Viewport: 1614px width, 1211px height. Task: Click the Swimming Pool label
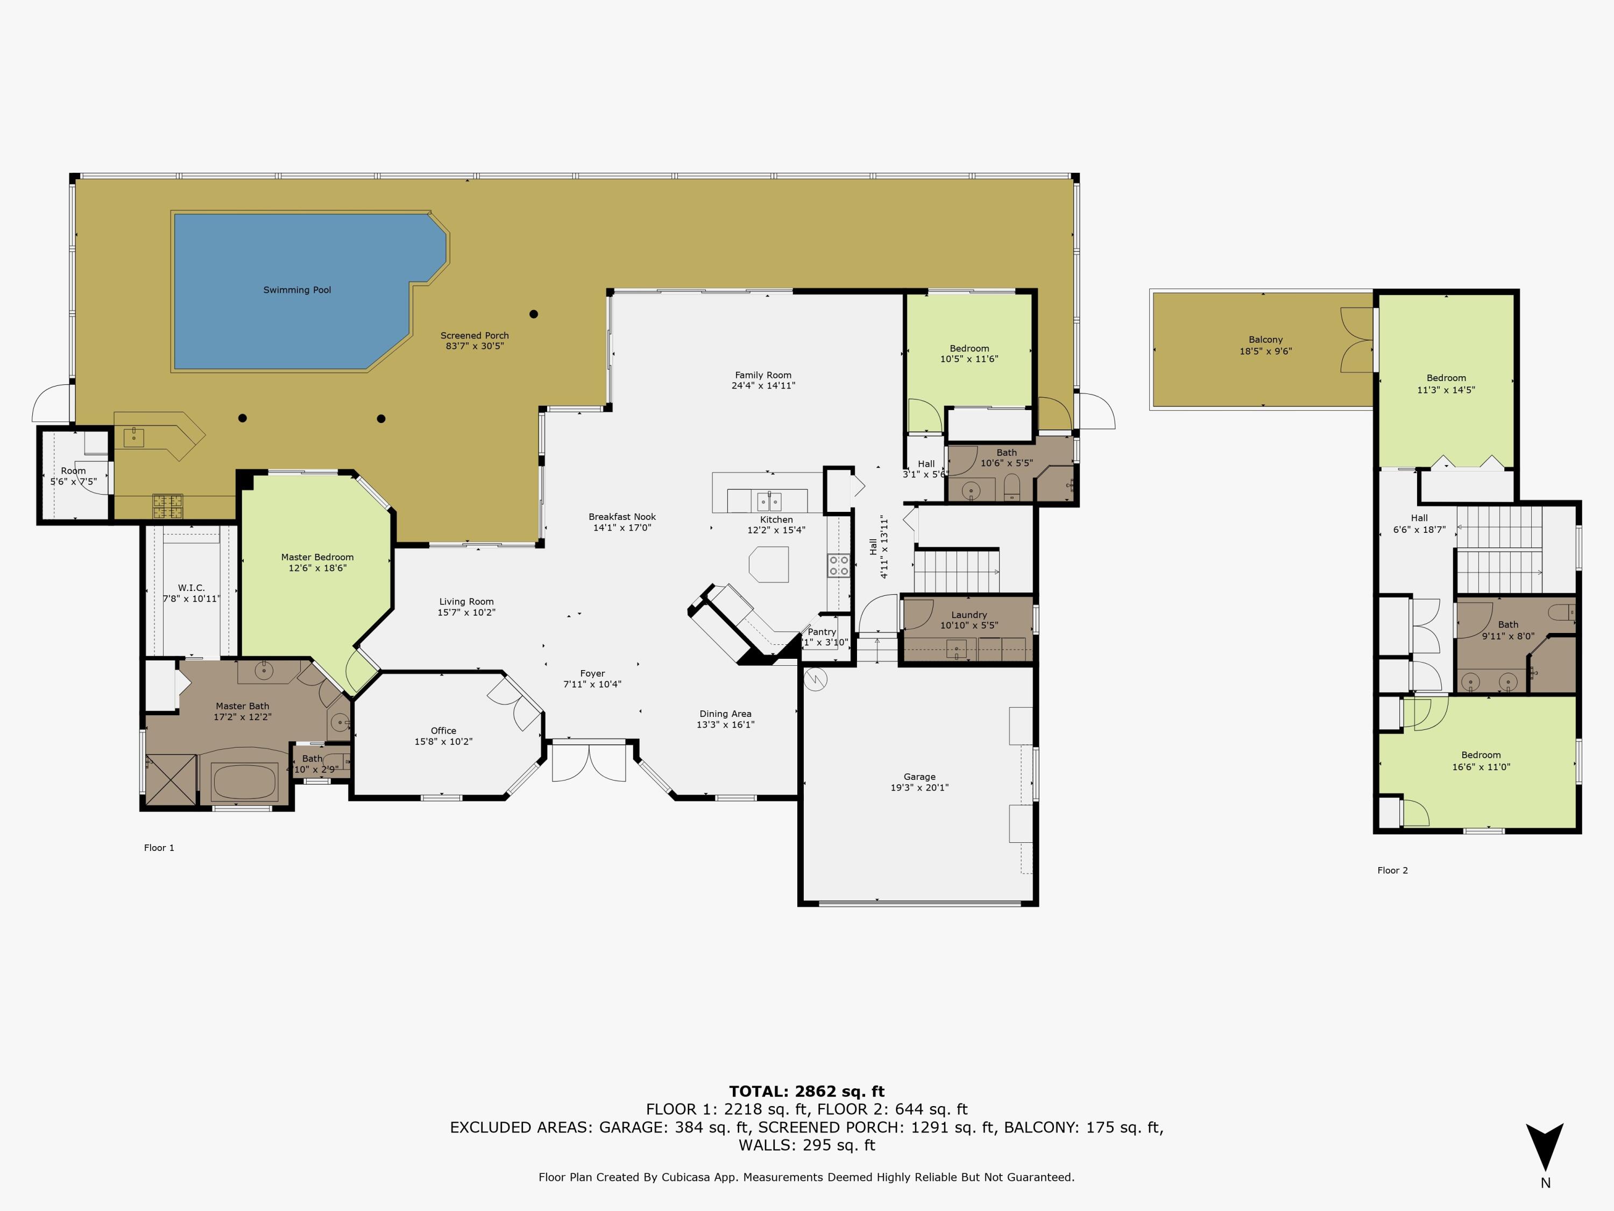(297, 290)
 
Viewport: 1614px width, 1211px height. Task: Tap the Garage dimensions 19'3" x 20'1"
(919, 787)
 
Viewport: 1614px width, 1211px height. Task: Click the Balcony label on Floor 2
(1265, 340)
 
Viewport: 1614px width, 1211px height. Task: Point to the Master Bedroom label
(317, 557)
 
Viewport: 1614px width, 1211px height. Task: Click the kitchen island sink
(769, 501)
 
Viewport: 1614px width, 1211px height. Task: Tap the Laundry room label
(969, 615)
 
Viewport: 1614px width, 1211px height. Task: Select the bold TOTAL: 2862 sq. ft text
(806, 1092)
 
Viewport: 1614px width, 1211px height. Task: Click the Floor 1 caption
(159, 848)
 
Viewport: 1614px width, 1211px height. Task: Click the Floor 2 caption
(1392, 870)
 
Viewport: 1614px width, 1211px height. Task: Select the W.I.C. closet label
(191, 588)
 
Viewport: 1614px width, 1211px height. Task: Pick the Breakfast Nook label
(622, 517)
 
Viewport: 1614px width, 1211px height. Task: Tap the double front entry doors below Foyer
(589, 762)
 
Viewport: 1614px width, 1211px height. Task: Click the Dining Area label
(725, 714)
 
